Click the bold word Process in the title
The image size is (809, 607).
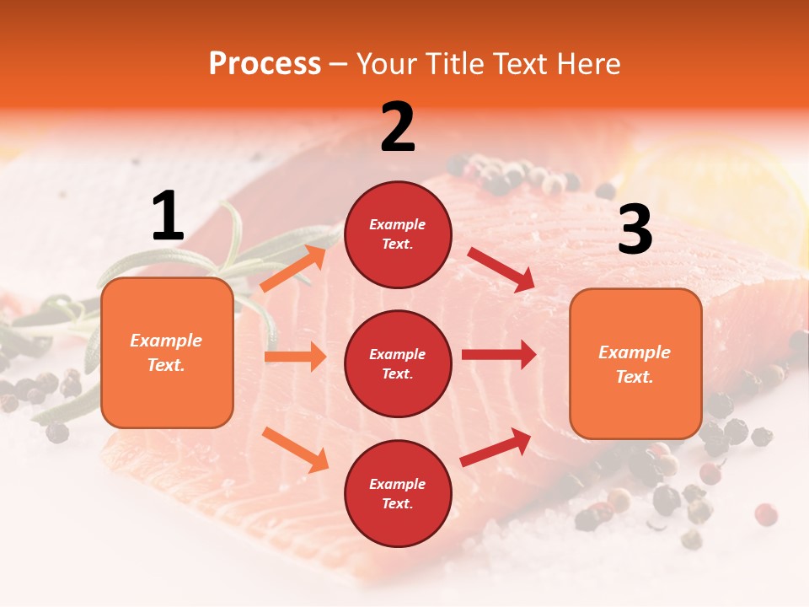(x=265, y=64)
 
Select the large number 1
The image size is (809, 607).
(x=168, y=217)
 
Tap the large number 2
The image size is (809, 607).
(x=398, y=127)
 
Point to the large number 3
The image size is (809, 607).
(x=635, y=229)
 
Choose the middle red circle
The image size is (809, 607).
(x=398, y=363)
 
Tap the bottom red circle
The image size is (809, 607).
(x=398, y=493)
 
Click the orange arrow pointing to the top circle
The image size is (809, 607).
(x=293, y=269)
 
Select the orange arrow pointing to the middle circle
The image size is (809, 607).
(x=295, y=357)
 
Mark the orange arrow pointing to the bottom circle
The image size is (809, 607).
(x=295, y=449)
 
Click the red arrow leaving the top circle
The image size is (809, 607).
(x=501, y=269)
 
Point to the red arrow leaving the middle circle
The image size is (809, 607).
(x=498, y=354)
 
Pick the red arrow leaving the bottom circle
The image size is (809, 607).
(x=496, y=448)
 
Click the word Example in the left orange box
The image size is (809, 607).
(x=166, y=341)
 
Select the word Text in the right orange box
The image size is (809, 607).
(x=634, y=377)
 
